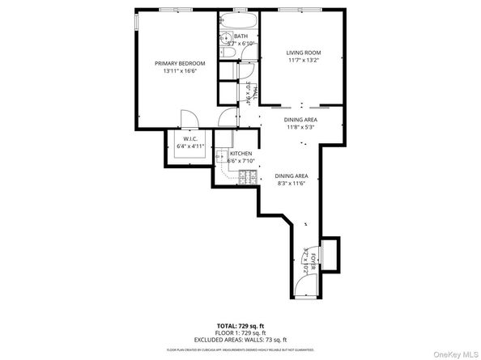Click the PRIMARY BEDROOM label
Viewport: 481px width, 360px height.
click(180, 63)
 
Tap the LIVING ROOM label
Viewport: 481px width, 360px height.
click(303, 53)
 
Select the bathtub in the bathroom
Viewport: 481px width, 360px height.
click(238, 22)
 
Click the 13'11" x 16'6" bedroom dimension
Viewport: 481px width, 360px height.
click(180, 71)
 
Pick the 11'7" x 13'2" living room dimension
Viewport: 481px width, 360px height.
click(303, 61)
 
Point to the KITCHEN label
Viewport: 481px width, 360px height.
click(241, 154)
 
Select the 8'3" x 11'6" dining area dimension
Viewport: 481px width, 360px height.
click(291, 184)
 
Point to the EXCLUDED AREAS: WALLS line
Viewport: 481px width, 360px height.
click(240, 340)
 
